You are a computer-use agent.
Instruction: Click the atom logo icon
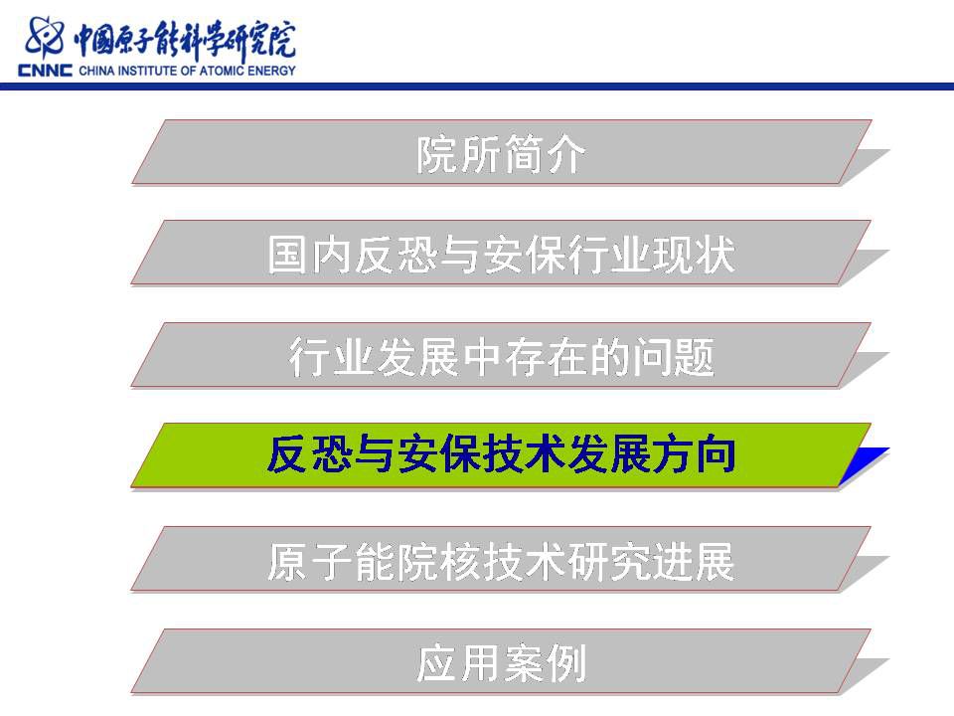point(44,37)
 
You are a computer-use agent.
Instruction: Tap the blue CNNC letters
point(45,70)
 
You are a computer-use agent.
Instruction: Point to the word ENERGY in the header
point(271,71)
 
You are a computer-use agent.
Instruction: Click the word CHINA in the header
point(96,71)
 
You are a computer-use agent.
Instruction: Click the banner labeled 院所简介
point(502,152)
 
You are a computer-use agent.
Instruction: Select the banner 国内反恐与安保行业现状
point(502,253)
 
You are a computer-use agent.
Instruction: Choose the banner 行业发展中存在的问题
point(502,355)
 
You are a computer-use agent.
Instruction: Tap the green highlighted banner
point(502,455)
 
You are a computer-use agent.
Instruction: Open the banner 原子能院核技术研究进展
point(502,559)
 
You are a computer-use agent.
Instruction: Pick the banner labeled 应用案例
point(502,662)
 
